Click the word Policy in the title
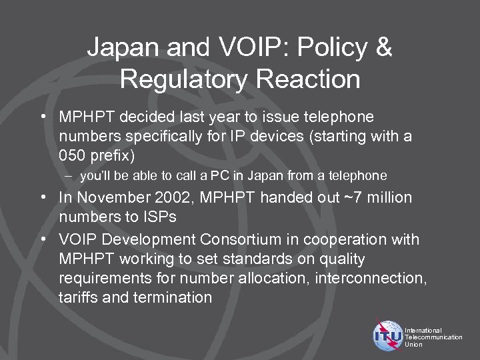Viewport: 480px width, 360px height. tap(325, 47)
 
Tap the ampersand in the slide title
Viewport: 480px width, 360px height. tap(382, 47)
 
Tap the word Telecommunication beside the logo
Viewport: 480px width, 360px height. tap(433, 337)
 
